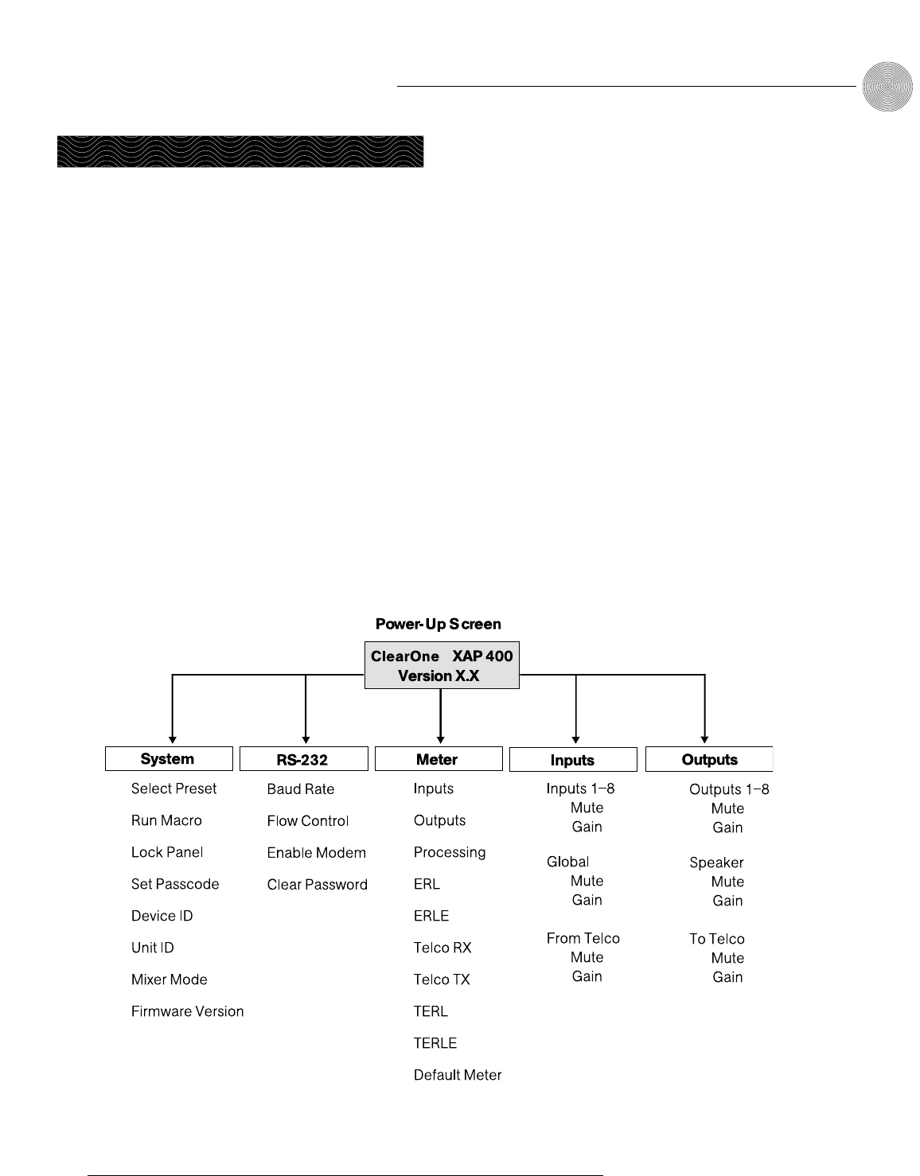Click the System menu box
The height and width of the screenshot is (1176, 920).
tap(169, 759)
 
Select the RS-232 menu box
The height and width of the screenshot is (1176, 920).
tap(304, 760)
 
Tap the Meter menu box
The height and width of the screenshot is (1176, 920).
tap(439, 759)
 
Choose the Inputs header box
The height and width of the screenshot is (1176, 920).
tap(573, 760)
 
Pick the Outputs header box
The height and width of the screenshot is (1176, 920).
tap(709, 760)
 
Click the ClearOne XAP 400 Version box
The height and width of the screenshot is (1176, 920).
tap(442, 665)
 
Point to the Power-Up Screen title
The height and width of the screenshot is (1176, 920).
tap(439, 625)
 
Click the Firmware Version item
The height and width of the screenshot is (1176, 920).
tap(187, 1011)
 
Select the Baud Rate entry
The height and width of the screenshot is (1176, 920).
tap(301, 789)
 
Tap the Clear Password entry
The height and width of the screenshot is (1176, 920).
tap(317, 885)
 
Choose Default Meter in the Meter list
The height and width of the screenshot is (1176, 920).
tap(458, 1075)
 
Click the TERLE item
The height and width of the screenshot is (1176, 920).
tap(435, 1043)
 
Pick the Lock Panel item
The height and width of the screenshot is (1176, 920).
tap(167, 852)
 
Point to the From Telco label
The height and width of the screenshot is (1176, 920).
tap(583, 938)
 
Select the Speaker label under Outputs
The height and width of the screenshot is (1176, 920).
tap(716, 863)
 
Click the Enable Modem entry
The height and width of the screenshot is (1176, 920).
tap(316, 853)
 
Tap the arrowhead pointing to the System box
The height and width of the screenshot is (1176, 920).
tap(173, 740)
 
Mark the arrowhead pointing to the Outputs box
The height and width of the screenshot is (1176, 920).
tap(705, 740)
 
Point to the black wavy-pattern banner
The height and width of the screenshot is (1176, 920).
tap(240, 151)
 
